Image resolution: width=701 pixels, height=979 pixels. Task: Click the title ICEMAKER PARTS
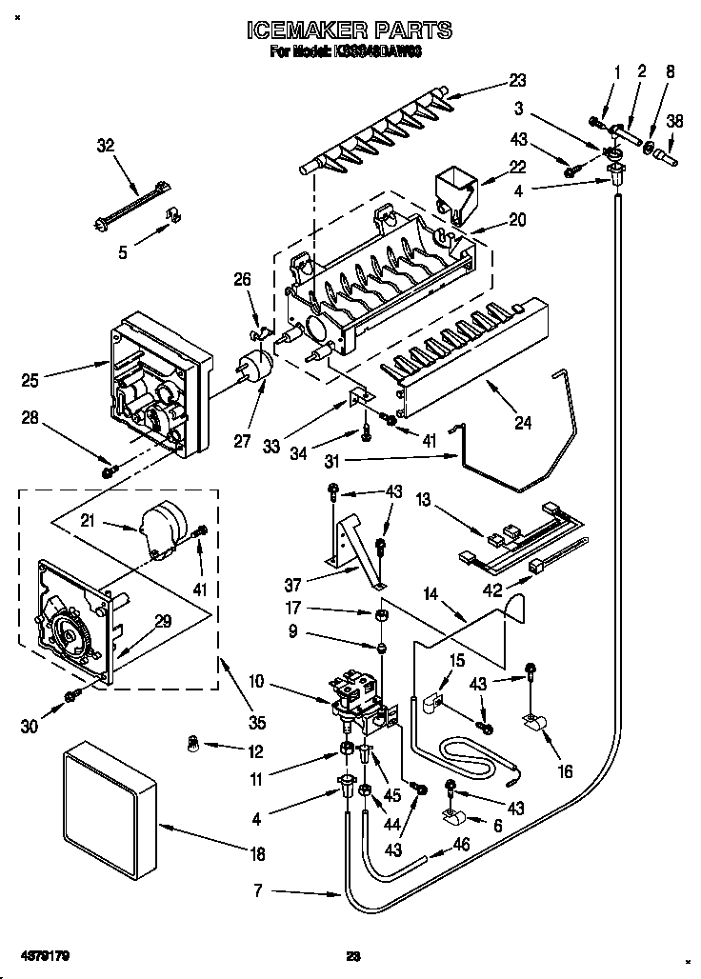(x=349, y=31)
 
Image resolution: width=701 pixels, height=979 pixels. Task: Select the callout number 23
(x=517, y=81)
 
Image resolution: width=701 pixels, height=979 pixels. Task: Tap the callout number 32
(x=105, y=146)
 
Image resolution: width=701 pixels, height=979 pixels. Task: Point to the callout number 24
(x=523, y=423)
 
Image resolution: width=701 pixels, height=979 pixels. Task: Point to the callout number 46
(x=460, y=844)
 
